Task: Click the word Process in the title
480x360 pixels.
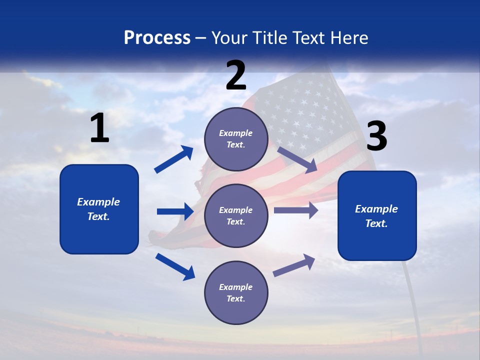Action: pyautogui.click(x=157, y=38)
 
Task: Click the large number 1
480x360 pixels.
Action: pyautogui.click(x=99, y=128)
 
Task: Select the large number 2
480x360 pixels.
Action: pyautogui.click(x=236, y=75)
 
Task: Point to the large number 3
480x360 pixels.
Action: pyautogui.click(x=376, y=136)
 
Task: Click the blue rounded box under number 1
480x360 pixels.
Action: pyautogui.click(x=99, y=209)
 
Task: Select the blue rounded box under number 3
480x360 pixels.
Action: pyautogui.click(x=377, y=216)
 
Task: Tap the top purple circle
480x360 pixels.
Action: pyautogui.click(x=236, y=139)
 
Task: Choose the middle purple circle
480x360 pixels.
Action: pyautogui.click(x=236, y=215)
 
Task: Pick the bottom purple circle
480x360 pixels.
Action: pyautogui.click(x=236, y=292)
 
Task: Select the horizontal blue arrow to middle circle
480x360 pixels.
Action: pyautogui.click(x=175, y=211)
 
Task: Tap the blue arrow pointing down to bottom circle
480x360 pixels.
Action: pyautogui.click(x=175, y=266)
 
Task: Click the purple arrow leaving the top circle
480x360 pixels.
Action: pyautogui.click(x=297, y=160)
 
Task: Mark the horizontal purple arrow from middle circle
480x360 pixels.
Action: pyautogui.click(x=296, y=210)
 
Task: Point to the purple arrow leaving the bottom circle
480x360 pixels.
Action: pyautogui.click(x=294, y=265)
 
